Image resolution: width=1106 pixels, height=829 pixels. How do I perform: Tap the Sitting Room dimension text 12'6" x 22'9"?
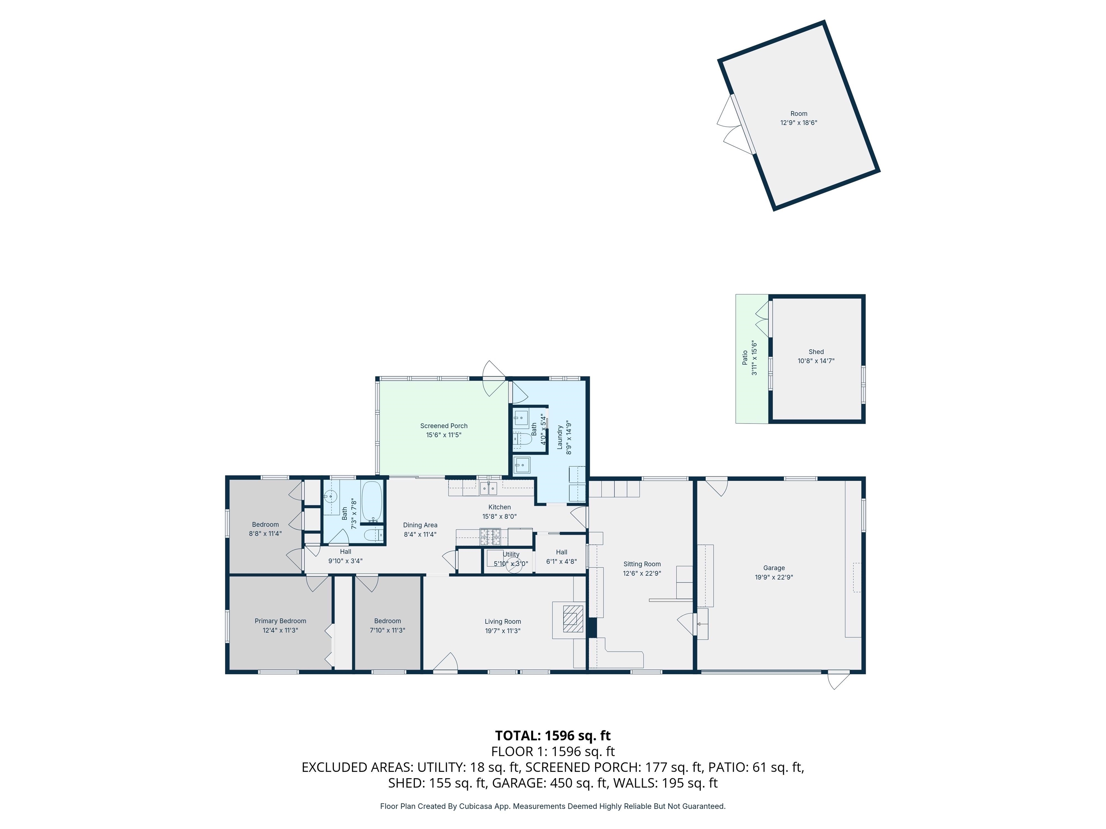(x=642, y=573)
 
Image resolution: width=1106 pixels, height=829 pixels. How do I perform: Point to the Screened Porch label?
(x=444, y=426)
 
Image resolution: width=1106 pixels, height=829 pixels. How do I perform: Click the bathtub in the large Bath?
(x=372, y=501)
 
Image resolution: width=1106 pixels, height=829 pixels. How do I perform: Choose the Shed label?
(x=816, y=352)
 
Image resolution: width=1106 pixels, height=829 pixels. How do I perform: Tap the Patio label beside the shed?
(x=745, y=357)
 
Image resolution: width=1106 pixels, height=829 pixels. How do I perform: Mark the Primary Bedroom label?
(x=280, y=621)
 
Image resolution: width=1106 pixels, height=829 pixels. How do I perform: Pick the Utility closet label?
(x=511, y=554)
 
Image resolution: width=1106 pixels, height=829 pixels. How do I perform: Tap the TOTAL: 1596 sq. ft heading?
(x=553, y=735)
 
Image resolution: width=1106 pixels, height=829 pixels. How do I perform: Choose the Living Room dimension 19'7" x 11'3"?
(x=503, y=631)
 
